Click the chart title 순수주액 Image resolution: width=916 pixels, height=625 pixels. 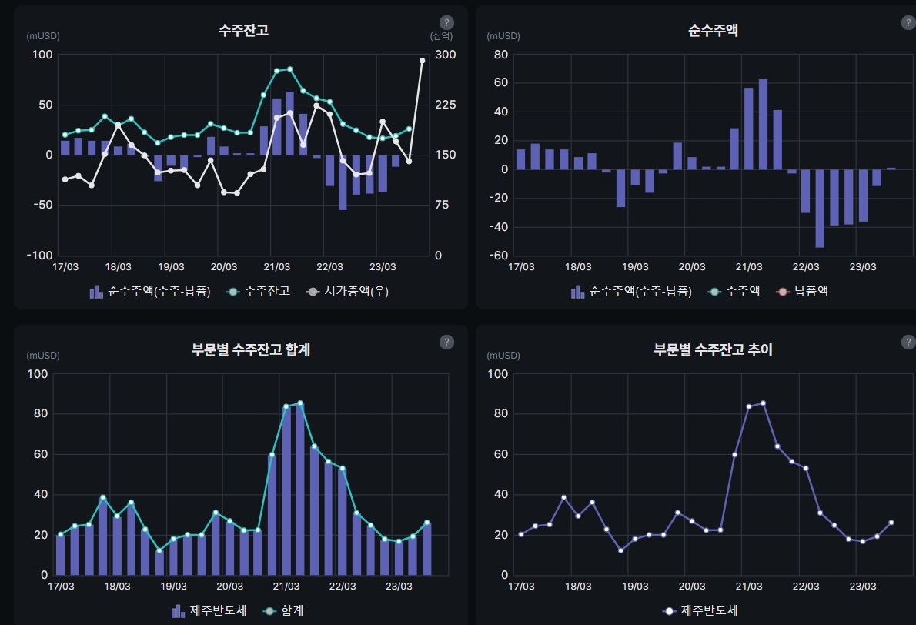pos(713,31)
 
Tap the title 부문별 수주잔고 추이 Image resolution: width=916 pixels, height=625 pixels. pos(713,349)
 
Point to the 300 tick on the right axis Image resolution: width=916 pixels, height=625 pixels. pos(446,55)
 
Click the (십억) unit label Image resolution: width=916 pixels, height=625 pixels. pos(441,35)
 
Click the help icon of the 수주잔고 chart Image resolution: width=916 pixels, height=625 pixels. pos(446,23)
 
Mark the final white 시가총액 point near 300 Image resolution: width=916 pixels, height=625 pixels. pos(422,61)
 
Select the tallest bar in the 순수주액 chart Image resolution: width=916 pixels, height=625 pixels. pos(763,123)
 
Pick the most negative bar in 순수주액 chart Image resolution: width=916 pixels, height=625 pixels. pos(820,208)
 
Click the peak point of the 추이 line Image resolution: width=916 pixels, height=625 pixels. pos(763,403)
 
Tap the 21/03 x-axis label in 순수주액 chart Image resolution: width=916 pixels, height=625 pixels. pos(749,267)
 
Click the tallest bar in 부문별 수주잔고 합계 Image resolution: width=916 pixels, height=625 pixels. pos(300,489)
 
